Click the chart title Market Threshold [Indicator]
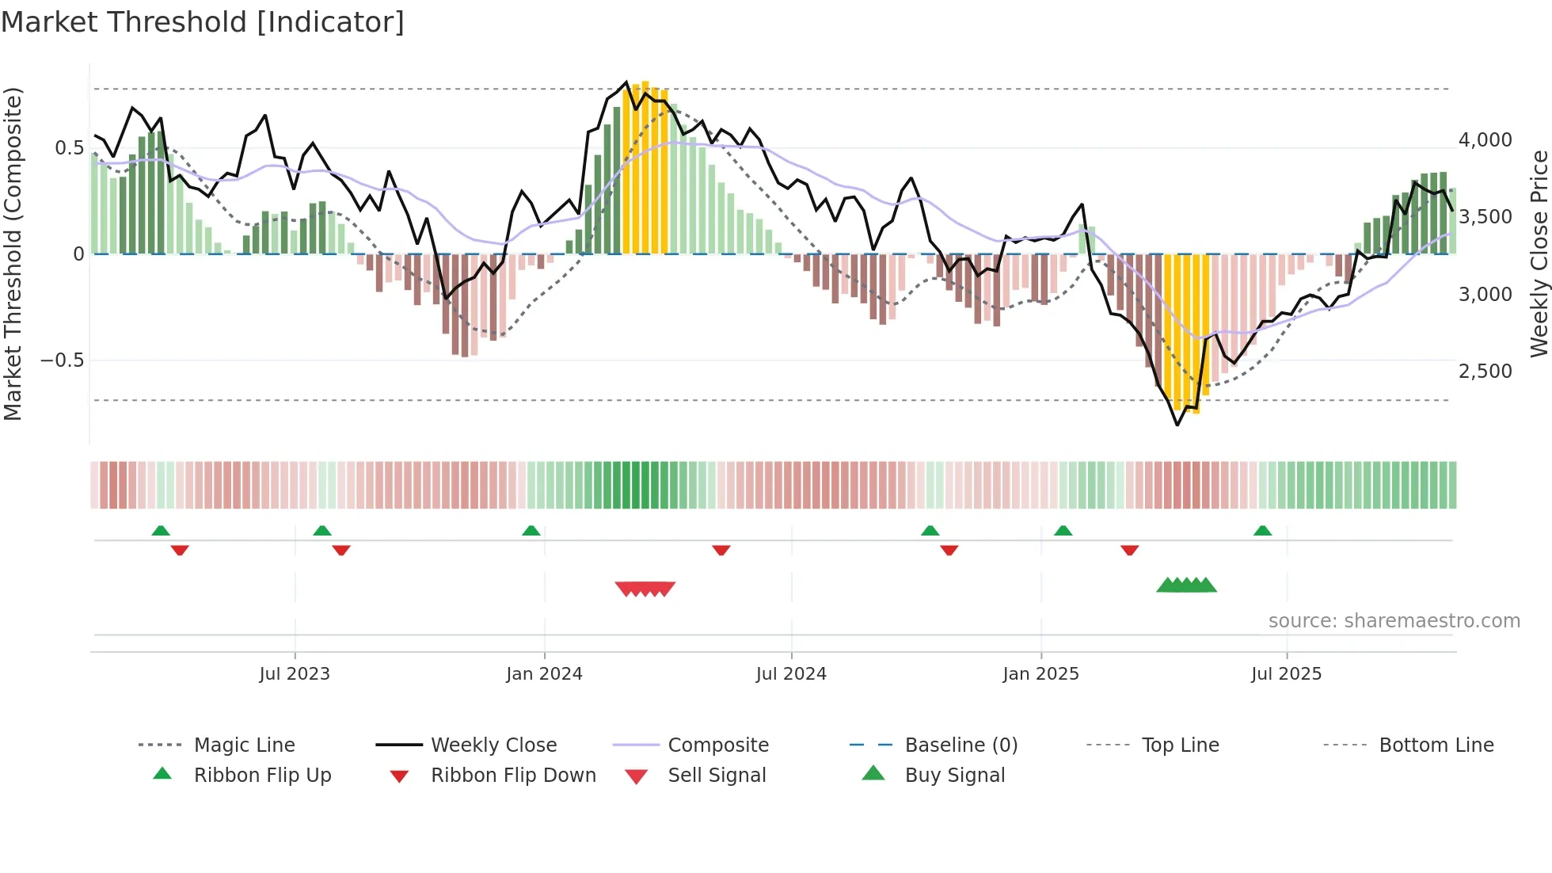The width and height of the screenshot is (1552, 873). [x=203, y=22]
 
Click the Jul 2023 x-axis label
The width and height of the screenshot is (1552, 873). [x=295, y=674]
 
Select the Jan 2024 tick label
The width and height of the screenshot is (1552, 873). [x=544, y=674]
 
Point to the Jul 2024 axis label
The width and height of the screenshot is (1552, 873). [x=791, y=674]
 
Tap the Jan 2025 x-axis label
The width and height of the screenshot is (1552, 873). [x=1040, y=674]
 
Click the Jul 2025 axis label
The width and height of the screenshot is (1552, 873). [x=1287, y=674]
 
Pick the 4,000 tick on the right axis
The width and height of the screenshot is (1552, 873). [x=1485, y=140]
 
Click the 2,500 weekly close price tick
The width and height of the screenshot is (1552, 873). [x=1485, y=372]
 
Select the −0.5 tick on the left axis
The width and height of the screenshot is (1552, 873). [x=62, y=360]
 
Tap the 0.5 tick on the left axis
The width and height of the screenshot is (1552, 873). [x=69, y=148]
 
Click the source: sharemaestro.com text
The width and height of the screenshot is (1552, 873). [x=1394, y=621]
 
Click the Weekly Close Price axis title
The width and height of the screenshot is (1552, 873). [x=1539, y=254]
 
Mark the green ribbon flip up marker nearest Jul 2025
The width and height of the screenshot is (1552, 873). [x=1262, y=531]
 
